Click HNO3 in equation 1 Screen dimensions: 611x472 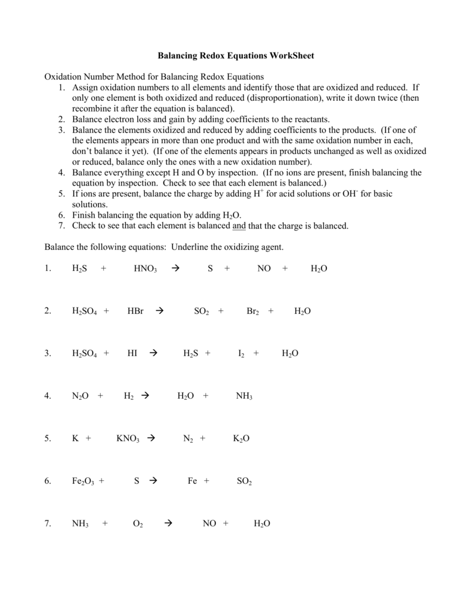[x=145, y=269]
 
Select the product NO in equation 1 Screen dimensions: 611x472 [x=264, y=269]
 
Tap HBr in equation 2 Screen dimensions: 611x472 [x=135, y=311]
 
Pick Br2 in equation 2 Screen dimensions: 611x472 [x=252, y=311]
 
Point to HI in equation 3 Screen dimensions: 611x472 [x=132, y=353]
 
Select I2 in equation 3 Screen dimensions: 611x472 [x=241, y=353]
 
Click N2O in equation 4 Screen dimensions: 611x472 [x=80, y=396]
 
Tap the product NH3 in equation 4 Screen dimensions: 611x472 [x=244, y=396]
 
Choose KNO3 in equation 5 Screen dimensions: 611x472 [x=128, y=439]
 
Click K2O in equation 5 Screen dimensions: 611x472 [x=241, y=439]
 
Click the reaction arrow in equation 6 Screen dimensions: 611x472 [x=153, y=481]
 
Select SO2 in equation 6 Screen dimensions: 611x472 [x=244, y=481]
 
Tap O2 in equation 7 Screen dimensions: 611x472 [x=137, y=524]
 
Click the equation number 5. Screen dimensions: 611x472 [x=48, y=439]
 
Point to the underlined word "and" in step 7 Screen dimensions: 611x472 [x=239, y=226]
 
